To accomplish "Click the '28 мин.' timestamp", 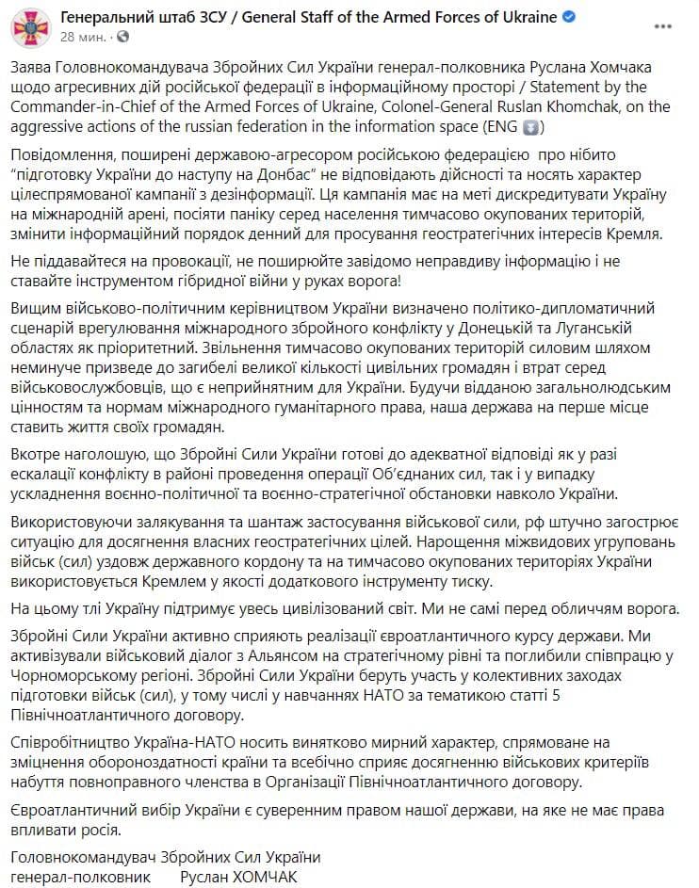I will (x=84, y=38).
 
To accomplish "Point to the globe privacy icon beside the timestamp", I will (x=123, y=38).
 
